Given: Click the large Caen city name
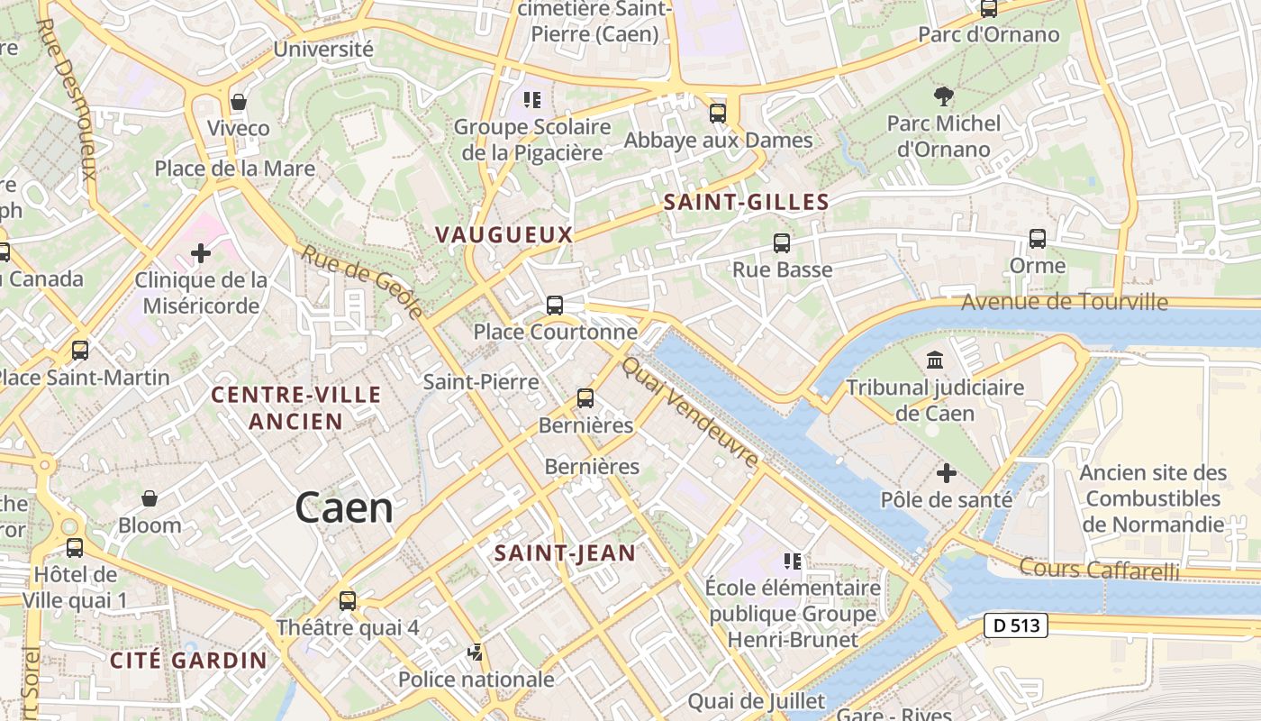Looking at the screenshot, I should (344, 508).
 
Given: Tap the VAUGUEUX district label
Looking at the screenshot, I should (503, 235).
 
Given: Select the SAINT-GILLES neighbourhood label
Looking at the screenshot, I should (746, 203).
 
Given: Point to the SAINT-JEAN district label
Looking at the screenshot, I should (565, 553).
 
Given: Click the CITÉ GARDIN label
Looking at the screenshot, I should (188, 660).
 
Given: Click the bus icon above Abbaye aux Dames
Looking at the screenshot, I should (718, 114).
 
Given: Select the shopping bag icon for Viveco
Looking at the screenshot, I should (239, 101).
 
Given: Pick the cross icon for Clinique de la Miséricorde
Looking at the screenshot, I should (201, 253).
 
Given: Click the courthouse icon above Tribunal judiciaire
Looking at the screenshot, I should (935, 360).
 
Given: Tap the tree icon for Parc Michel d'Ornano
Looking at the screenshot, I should (943, 96).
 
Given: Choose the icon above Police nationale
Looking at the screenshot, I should (475, 653).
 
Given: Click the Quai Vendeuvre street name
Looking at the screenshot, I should (691, 412).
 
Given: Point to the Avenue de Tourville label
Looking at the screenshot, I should (1064, 302).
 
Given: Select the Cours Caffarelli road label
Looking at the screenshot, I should (1099, 569).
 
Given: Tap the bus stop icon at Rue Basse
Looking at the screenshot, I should (781, 242).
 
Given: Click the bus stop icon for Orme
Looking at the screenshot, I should (1038, 239).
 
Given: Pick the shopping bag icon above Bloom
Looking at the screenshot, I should (150, 498).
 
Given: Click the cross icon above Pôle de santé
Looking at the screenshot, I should (947, 472).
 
